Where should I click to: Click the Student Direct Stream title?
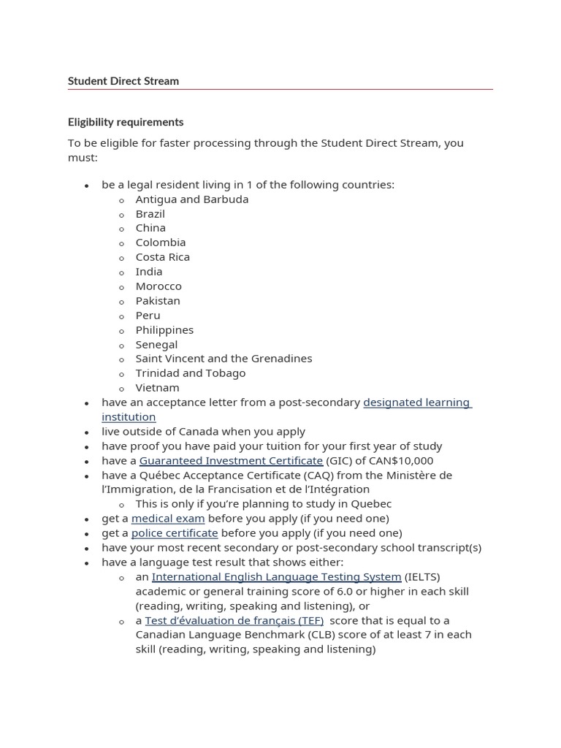coord(123,81)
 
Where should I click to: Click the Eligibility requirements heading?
coord(126,122)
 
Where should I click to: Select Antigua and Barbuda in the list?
coord(192,199)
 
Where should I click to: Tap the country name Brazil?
coord(150,214)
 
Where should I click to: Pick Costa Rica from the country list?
coord(162,257)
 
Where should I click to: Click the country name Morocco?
coord(159,286)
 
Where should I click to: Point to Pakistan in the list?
coord(158,301)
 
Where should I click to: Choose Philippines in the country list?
coord(164,330)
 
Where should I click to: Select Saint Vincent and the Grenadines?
coord(224,359)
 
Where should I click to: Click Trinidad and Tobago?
coord(191,373)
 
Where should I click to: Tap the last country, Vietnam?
coord(157,388)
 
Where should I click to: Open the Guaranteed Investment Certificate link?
coord(231,461)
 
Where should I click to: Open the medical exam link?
coord(168,519)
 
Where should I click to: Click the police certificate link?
coord(175,533)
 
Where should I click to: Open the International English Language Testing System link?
coord(276,577)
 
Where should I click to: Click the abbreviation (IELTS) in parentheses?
coord(422,577)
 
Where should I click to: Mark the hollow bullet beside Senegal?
coord(123,346)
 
